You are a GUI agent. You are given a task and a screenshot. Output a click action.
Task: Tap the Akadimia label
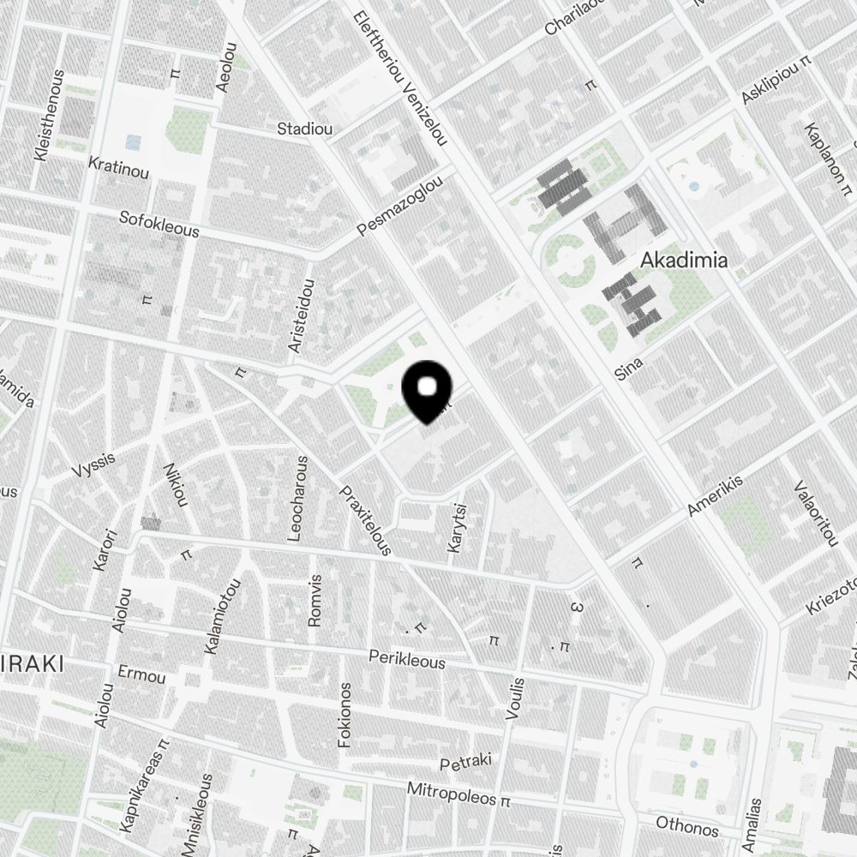point(684,261)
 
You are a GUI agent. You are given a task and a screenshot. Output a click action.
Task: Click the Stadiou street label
point(304,129)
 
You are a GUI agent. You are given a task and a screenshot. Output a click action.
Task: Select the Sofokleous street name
point(159,224)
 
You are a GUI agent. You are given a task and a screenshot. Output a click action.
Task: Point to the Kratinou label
point(118,166)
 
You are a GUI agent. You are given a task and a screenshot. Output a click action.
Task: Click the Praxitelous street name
point(365,519)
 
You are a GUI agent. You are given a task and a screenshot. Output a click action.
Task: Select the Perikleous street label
point(407,661)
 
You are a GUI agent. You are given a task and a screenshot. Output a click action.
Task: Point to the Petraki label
point(464,762)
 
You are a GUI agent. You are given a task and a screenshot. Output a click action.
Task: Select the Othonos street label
point(686,827)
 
